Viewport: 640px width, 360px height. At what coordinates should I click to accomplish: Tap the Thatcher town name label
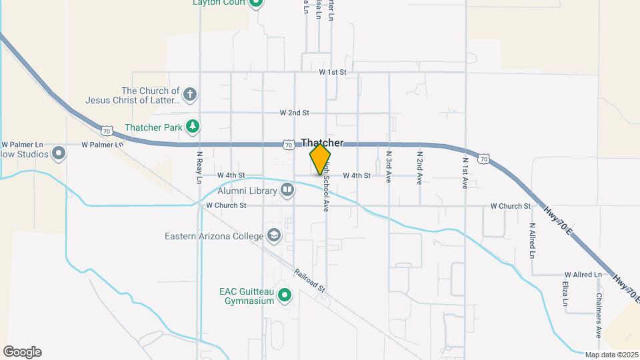[x=323, y=143]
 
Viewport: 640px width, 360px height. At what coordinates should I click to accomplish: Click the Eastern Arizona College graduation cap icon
[x=273, y=235]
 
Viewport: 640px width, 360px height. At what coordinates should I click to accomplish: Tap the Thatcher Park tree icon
[x=193, y=126]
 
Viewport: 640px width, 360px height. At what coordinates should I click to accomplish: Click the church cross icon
[x=190, y=94]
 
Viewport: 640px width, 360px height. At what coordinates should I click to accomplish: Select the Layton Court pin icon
[x=256, y=3]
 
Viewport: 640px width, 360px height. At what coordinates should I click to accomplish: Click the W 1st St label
[x=333, y=71]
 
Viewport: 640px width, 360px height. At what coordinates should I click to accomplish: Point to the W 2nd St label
[x=294, y=113]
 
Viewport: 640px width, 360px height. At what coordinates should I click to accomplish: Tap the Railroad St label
[x=309, y=280]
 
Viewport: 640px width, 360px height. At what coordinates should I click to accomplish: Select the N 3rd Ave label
[x=389, y=167]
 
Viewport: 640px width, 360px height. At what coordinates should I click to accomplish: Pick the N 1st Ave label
[x=465, y=173]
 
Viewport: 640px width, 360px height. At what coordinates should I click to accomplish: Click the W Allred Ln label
[x=584, y=275]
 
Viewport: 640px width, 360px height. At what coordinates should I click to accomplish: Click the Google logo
[x=22, y=352]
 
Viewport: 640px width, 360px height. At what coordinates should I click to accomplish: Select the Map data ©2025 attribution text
[x=611, y=355]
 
